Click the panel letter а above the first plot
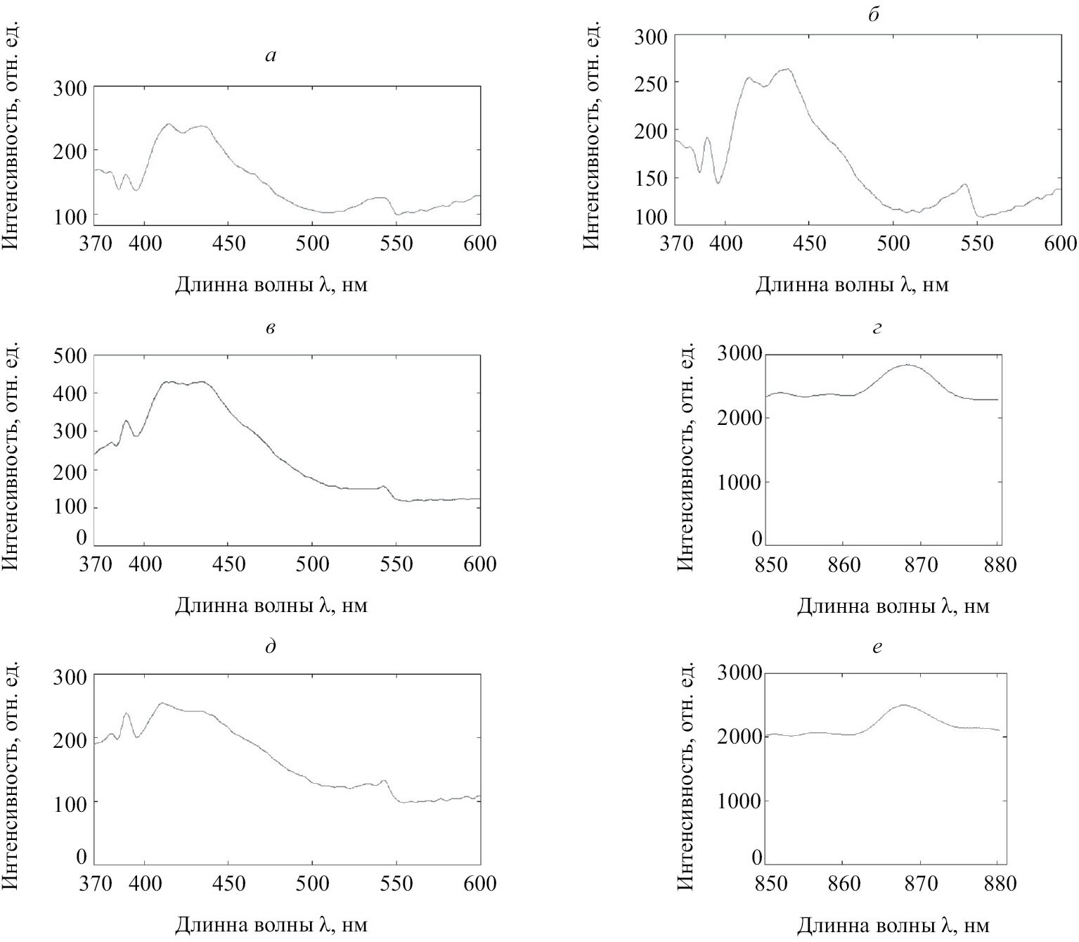[x=271, y=56]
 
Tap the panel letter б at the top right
[x=874, y=15]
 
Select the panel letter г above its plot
[x=877, y=328]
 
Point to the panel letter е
[x=877, y=647]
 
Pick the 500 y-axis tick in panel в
[x=70, y=355]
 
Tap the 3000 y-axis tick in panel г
[x=739, y=353]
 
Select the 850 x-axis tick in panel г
[x=770, y=564]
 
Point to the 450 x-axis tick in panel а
[x=229, y=243]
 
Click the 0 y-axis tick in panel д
[x=82, y=857]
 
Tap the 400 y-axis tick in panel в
[x=70, y=393]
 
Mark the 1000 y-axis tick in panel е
[x=739, y=801]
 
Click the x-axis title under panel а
[x=271, y=285]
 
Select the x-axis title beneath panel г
[x=893, y=606]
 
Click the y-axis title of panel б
[x=591, y=134]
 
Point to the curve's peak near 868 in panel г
[x=907, y=364]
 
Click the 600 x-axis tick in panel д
[x=481, y=883]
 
